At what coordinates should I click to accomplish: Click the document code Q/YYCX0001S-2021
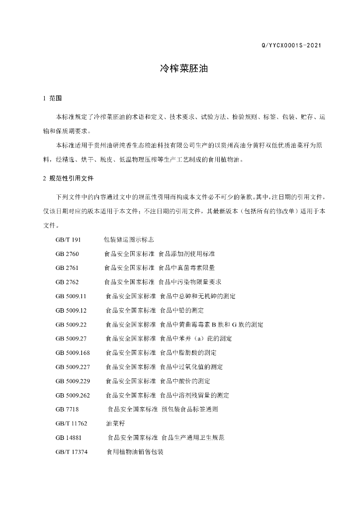(291, 46)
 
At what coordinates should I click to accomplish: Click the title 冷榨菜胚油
(180, 68)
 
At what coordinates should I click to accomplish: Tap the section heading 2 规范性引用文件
(68, 178)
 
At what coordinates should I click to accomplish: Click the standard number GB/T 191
(68, 239)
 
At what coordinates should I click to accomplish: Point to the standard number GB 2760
(67, 254)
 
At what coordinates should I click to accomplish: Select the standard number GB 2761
(67, 267)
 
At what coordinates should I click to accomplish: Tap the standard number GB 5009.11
(72, 296)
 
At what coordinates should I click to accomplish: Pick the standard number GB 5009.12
(72, 310)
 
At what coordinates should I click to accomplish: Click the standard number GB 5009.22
(72, 325)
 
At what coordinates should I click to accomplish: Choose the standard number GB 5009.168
(73, 353)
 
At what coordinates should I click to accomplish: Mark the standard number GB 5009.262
(73, 396)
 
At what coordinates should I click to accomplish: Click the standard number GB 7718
(67, 410)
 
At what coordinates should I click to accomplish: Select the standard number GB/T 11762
(72, 424)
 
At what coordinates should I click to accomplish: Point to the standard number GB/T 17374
(72, 452)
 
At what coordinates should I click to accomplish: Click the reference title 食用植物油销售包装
(135, 452)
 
